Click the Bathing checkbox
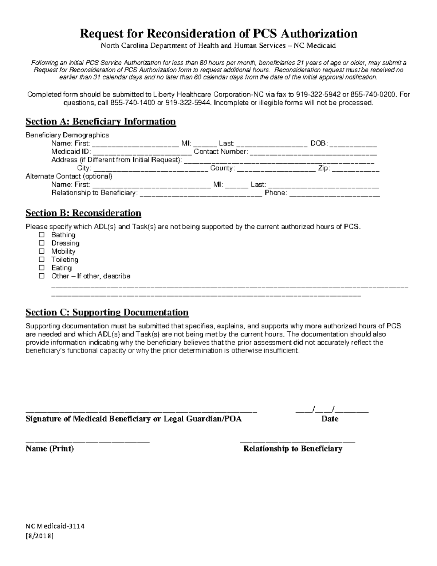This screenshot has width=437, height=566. click(42, 235)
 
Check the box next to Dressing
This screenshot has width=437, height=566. click(42, 243)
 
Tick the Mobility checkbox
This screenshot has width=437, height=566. click(42, 251)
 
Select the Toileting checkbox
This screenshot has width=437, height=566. click(42, 259)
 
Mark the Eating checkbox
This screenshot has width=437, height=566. click(42, 268)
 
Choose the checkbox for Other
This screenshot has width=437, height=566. click(42, 276)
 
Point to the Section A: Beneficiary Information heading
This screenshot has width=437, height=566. click(101, 121)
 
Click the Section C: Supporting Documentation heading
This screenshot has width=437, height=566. click(107, 312)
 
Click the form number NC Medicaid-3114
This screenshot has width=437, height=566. click(55, 526)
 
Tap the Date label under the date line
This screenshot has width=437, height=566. click(330, 419)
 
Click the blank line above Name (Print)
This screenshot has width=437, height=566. click(87, 441)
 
